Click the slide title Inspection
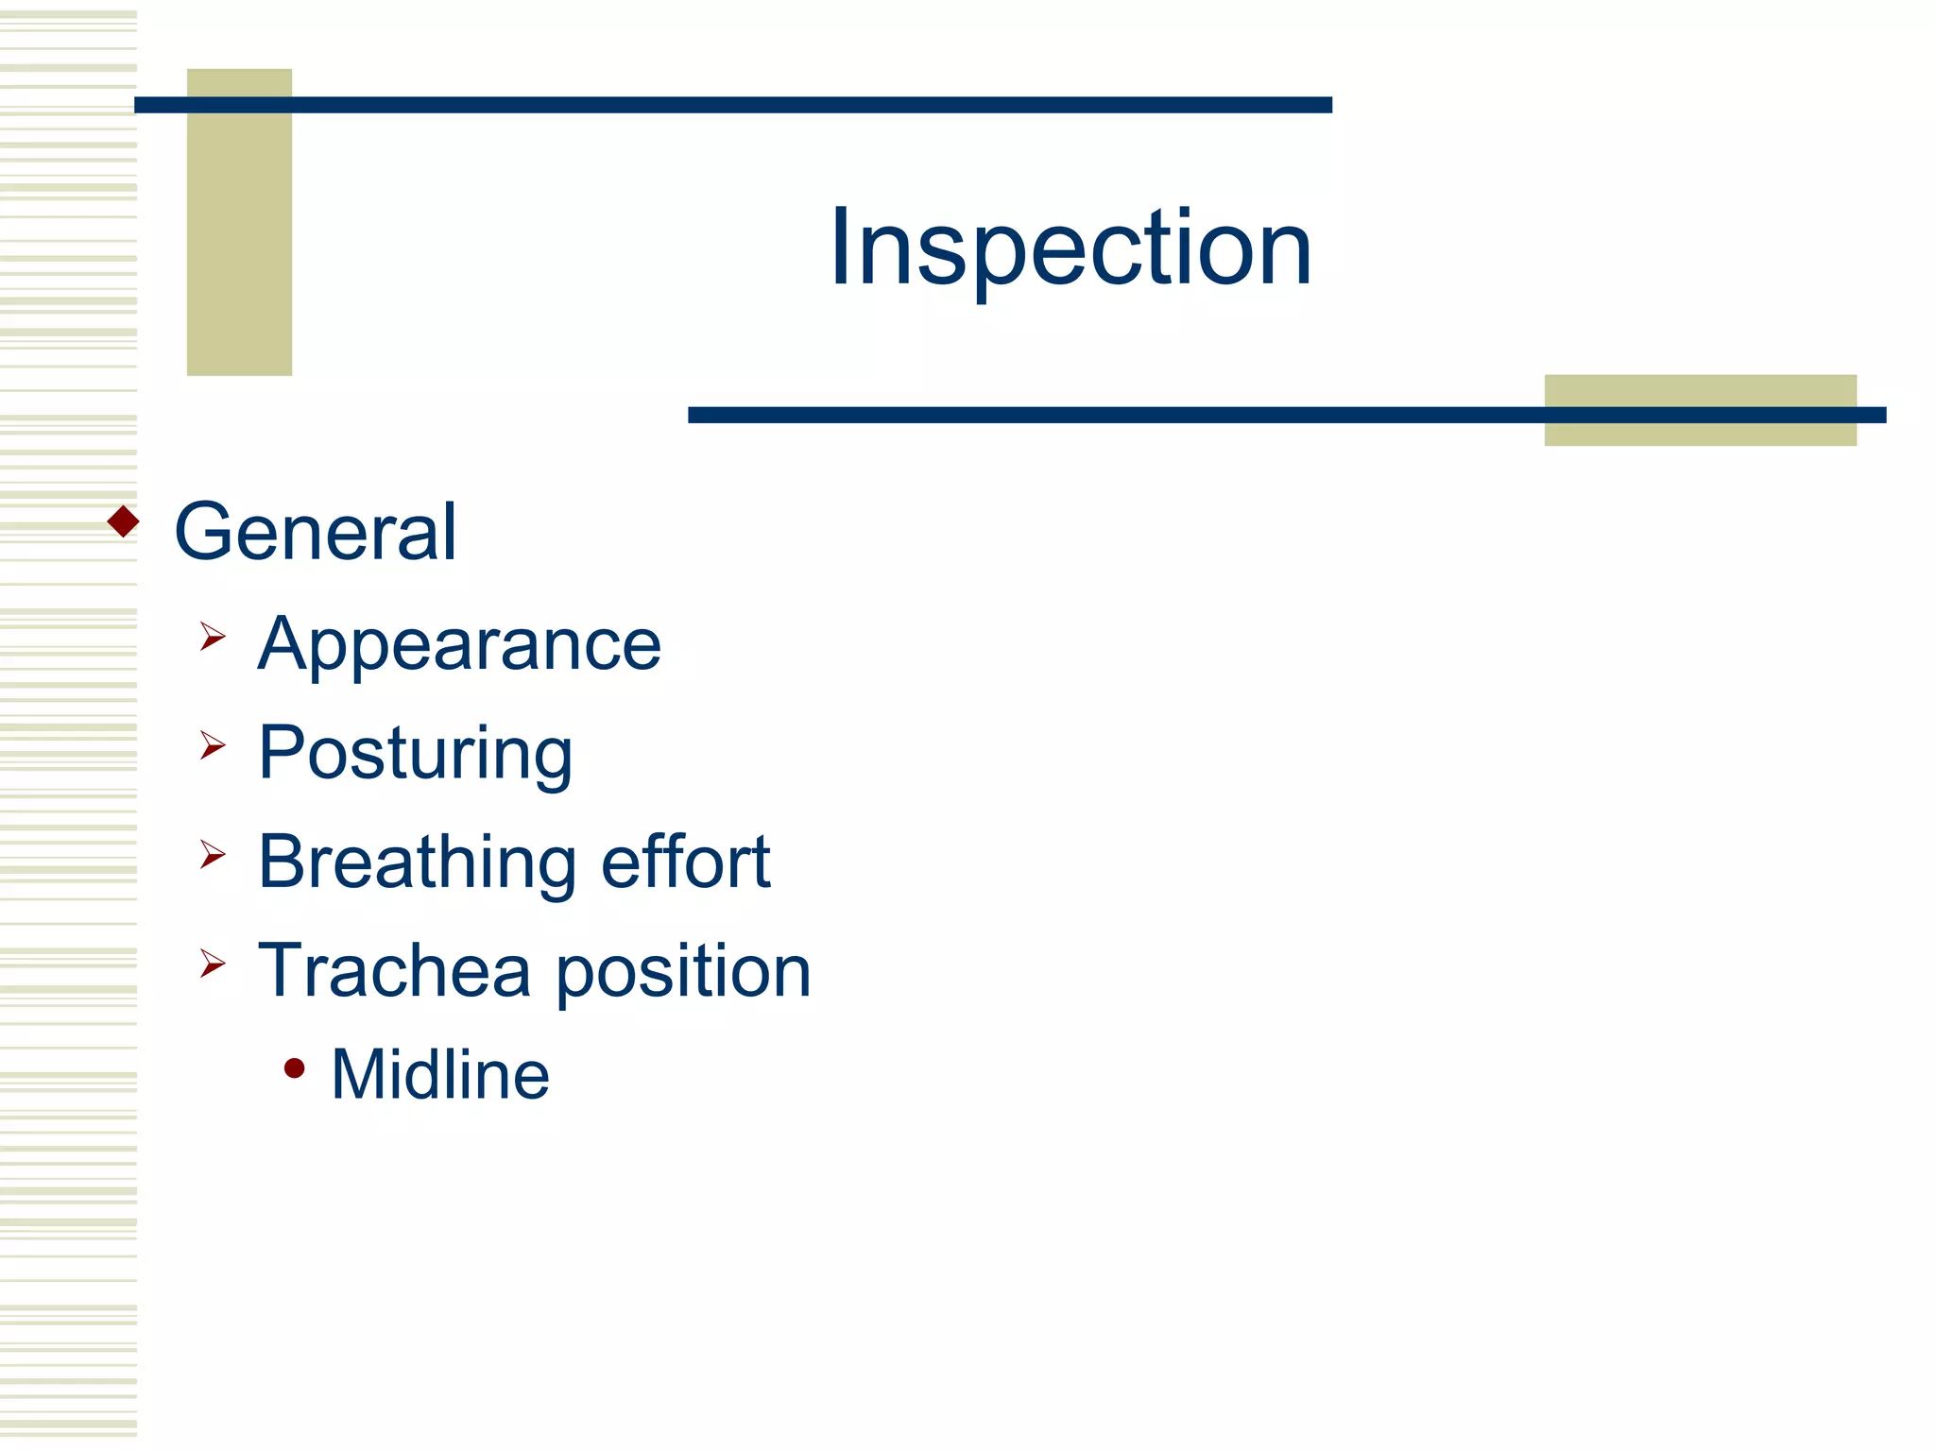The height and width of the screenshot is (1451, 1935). pyautogui.click(x=1070, y=248)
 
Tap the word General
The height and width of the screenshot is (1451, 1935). pyautogui.click(x=316, y=532)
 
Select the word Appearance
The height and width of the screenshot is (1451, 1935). pyautogui.click(x=459, y=645)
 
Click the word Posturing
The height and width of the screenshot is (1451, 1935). pyautogui.click(x=415, y=754)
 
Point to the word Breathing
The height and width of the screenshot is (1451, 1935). pyautogui.click(x=417, y=862)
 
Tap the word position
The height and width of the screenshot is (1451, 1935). pyautogui.click(x=683, y=972)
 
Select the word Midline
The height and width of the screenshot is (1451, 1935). pyautogui.click(x=440, y=1075)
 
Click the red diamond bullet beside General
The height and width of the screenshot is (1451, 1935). pyautogui.click(x=124, y=521)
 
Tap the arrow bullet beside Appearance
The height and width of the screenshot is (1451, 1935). pyautogui.click(x=213, y=637)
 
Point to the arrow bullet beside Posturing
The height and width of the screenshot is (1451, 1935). pyautogui.click(x=213, y=746)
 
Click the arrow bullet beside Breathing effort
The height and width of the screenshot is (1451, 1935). pyautogui.click(x=213, y=855)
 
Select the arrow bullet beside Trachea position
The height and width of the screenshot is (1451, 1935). pyautogui.click(x=213, y=964)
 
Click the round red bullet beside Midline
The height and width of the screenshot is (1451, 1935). pyautogui.click(x=295, y=1068)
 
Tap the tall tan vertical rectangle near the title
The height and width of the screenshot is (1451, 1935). pyautogui.click(x=239, y=246)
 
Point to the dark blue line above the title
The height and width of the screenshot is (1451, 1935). pyautogui.click(x=733, y=105)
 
